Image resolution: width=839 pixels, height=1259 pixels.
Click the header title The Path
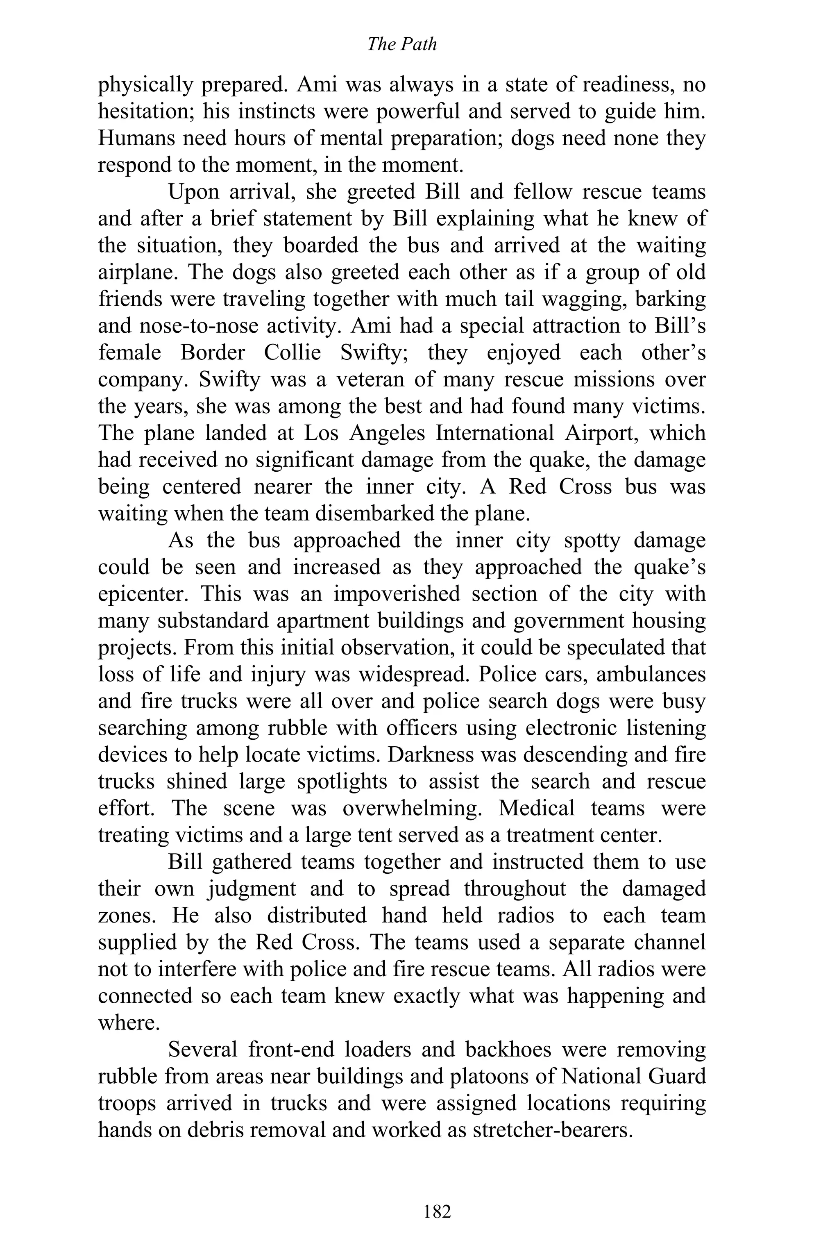click(x=402, y=44)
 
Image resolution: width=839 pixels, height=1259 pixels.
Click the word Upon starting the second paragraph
click(x=194, y=192)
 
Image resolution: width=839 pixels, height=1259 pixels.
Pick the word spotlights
click(x=341, y=782)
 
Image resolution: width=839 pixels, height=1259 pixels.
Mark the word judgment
click(x=252, y=889)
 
